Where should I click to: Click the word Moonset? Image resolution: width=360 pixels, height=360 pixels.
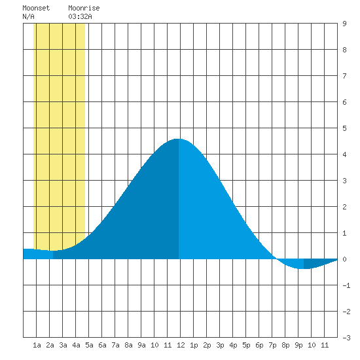point(36,8)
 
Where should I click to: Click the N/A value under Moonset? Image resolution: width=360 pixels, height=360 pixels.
point(28,16)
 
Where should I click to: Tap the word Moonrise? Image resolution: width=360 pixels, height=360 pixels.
point(84,8)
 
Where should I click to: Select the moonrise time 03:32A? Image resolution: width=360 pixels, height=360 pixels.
point(80,16)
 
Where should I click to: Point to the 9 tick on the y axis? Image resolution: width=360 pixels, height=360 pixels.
point(344,24)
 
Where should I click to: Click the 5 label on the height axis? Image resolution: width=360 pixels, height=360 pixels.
point(344,128)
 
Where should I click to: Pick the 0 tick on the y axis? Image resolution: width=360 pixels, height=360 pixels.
point(344,259)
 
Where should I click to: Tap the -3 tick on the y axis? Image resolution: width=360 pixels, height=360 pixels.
point(346,338)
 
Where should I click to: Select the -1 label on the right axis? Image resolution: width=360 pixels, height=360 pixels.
point(346,285)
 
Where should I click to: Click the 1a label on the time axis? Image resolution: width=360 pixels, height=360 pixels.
point(37,345)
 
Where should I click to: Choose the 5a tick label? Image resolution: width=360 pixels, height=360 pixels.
point(89,345)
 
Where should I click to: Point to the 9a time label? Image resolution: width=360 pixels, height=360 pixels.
point(141,345)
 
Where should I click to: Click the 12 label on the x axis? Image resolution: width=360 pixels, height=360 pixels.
point(181,345)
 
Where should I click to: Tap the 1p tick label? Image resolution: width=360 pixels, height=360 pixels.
point(194,345)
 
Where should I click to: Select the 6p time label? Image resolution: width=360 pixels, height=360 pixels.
point(259,345)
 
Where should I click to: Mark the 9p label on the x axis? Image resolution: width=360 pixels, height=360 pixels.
point(298,345)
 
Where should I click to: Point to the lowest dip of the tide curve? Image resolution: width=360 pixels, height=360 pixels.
point(304,268)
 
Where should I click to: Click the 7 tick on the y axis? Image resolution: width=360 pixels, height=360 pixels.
point(344,76)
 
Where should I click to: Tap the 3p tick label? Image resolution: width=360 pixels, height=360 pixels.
point(220,345)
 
